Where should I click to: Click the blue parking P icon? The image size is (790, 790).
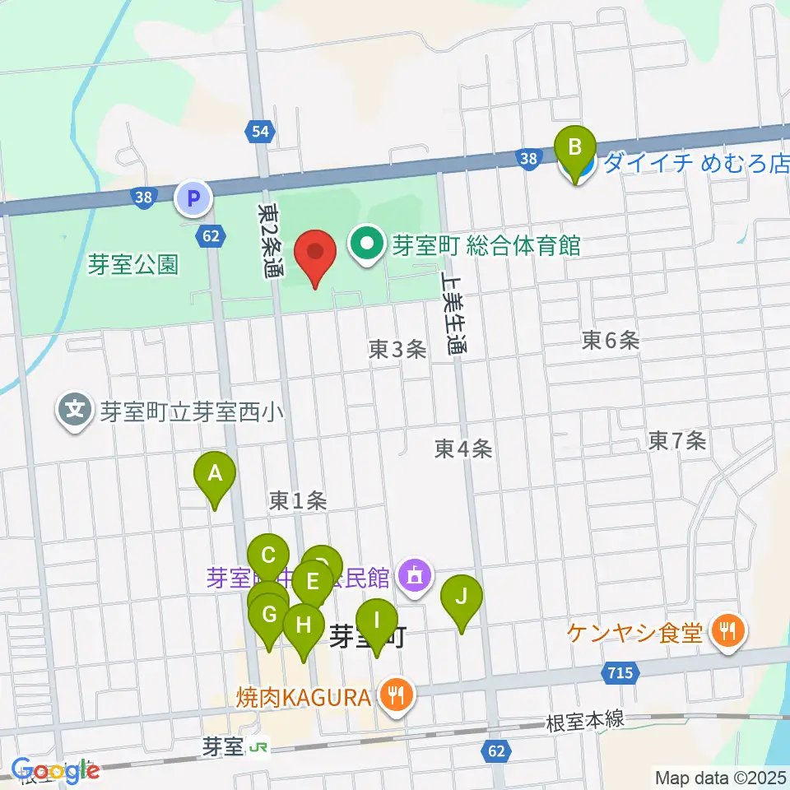(193, 197)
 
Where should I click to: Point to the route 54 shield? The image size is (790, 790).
(260, 131)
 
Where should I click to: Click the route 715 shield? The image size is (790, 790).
(620, 673)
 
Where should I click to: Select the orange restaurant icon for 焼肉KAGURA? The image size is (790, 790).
(397, 696)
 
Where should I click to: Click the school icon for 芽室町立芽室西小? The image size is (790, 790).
(76, 410)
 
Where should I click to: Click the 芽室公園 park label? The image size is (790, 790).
(134, 265)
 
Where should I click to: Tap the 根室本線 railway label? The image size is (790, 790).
(585, 722)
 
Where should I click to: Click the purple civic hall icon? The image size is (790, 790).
(414, 577)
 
